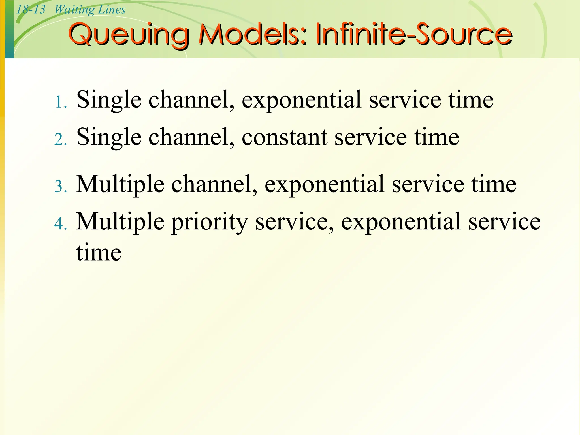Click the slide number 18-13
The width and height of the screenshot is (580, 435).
pyautogui.click(x=31, y=10)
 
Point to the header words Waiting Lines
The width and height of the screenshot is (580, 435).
pyautogui.click(x=90, y=10)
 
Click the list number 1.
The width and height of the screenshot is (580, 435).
pyautogui.click(x=60, y=102)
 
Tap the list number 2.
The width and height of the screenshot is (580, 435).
pyautogui.click(x=60, y=140)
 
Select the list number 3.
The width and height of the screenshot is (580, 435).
pyautogui.click(x=60, y=187)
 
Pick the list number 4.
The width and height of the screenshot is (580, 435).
pyautogui.click(x=60, y=224)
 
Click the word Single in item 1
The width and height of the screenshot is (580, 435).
pyautogui.click(x=109, y=100)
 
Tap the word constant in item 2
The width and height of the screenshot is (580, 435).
pyautogui.click(x=284, y=137)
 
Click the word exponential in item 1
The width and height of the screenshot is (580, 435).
pyautogui.click(x=301, y=100)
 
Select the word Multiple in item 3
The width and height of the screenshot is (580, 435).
pyautogui.click(x=120, y=184)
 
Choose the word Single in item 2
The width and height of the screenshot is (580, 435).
pyautogui.click(x=109, y=137)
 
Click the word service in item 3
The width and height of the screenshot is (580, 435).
pyautogui.click(x=428, y=184)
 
